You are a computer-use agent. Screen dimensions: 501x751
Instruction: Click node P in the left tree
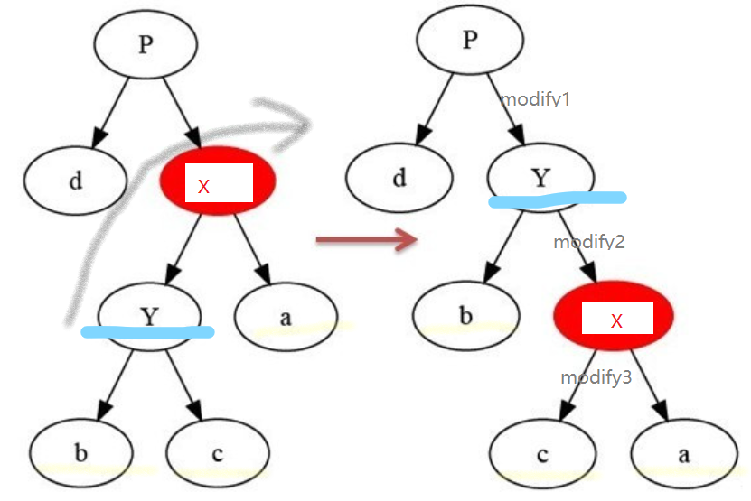click(146, 44)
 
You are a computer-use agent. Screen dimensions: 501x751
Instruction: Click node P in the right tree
click(469, 42)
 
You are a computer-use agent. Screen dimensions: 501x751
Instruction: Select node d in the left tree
click(76, 180)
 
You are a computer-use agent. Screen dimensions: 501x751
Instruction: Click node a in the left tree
click(286, 316)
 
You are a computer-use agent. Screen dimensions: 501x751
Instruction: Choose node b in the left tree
click(80, 452)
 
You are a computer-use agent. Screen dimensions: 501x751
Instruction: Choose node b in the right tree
click(465, 315)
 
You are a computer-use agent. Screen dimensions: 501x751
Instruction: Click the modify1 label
click(535, 99)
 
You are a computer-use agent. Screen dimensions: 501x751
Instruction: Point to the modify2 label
click(589, 242)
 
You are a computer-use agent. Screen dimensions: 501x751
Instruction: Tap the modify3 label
click(596, 377)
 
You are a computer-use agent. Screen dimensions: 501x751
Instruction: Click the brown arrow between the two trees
click(366, 239)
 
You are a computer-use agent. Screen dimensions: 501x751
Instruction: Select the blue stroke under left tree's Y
click(147, 332)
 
